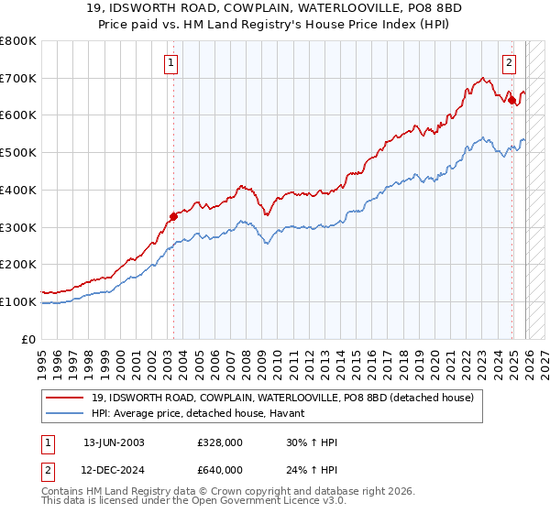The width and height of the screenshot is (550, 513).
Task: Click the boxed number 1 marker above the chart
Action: [x=171, y=63]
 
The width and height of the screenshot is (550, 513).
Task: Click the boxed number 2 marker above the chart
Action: [x=509, y=63]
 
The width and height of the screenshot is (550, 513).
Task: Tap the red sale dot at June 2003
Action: [x=173, y=217]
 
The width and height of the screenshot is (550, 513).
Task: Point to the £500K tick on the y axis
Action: [x=19, y=153]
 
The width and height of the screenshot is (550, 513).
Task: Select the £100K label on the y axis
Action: [x=19, y=301]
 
